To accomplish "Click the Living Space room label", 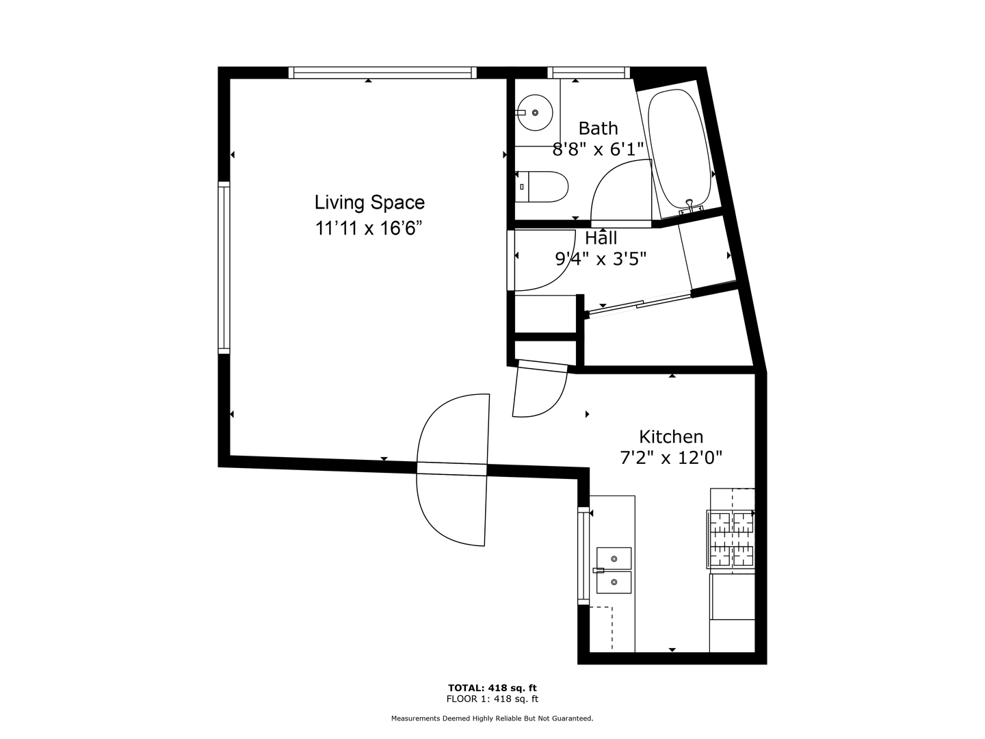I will pyautogui.click(x=369, y=203).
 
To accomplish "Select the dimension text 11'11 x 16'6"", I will pyautogui.click(x=367, y=228).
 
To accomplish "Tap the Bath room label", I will pyautogui.click(x=598, y=128).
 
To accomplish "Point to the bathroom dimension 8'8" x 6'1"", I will pyautogui.click(x=598, y=149).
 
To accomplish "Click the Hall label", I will pyautogui.click(x=601, y=238).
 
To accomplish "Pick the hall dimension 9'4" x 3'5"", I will pyautogui.click(x=601, y=259).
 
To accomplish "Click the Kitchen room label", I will pyautogui.click(x=670, y=437).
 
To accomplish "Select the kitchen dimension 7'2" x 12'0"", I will pyautogui.click(x=670, y=458).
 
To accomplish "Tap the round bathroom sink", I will pyautogui.click(x=534, y=112).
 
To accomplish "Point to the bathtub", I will pyautogui.click(x=679, y=148).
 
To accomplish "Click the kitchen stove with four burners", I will pyautogui.click(x=731, y=539).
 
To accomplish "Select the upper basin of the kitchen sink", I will pyautogui.click(x=614, y=558).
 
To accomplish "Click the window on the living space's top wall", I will pyautogui.click(x=382, y=73).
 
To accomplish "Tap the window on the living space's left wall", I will pyautogui.click(x=224, y=267).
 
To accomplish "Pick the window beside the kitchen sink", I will pyautogui.click(x=583, y=556).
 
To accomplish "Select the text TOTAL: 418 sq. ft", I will pyautogui.click(x=492, y=688).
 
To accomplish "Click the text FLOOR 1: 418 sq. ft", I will pyautogui.click(x=492, y=699).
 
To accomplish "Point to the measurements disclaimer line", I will pyautogui.click(x=492, y=718).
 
